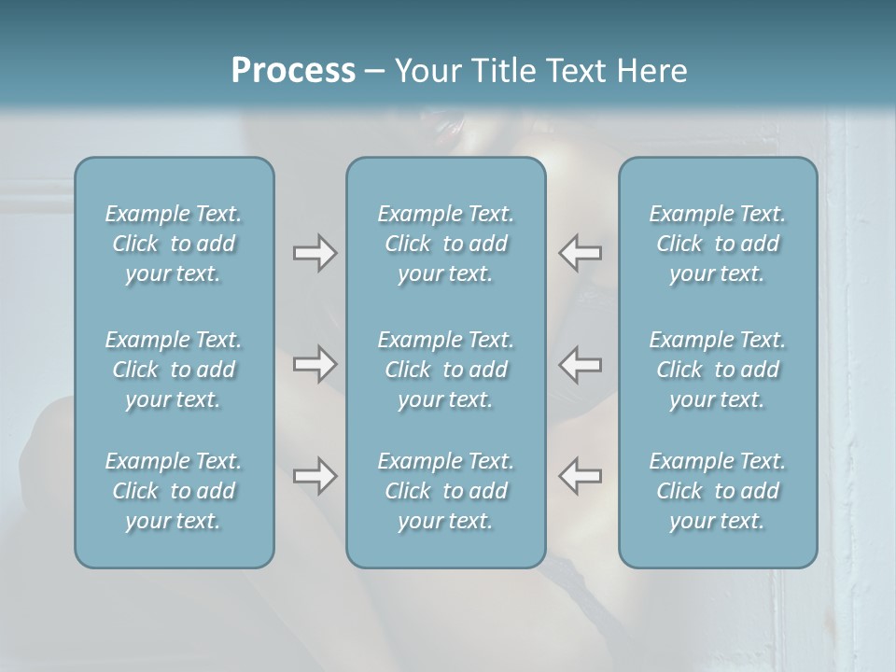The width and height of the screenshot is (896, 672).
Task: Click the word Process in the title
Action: click(x=293, y=71)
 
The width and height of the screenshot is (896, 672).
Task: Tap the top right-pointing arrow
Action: click(x=315, y=253)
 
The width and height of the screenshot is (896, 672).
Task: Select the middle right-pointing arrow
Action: click(x=315, y=364)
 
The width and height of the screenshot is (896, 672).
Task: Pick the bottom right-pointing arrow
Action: click(x=315, y=476)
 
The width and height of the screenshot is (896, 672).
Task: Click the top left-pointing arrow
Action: click(x=580, y=253)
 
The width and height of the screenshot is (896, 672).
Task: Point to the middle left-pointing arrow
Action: click(x=580, y=364)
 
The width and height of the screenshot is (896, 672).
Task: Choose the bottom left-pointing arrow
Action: click(x=580, y=476)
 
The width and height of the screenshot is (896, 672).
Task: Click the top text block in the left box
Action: click(x=174, y=244)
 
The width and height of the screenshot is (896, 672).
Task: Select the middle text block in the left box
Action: click(x=174, y=370)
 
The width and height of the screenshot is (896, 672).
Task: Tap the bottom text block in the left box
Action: click(x=174, y=491)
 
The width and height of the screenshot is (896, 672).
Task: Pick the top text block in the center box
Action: click(x=446, y=244)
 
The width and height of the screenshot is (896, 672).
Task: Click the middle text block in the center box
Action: click(x=446, y=370)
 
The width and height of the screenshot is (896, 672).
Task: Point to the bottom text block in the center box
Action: click(x=446, y=491)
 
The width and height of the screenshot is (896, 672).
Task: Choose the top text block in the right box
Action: click(x=718, y=244)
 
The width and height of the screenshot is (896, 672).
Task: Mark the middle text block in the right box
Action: click(x=718, y=370)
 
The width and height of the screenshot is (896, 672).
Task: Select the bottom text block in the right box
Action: click(x=718, y=491)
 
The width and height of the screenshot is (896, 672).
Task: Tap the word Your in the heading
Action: click(x=426, y=71)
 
